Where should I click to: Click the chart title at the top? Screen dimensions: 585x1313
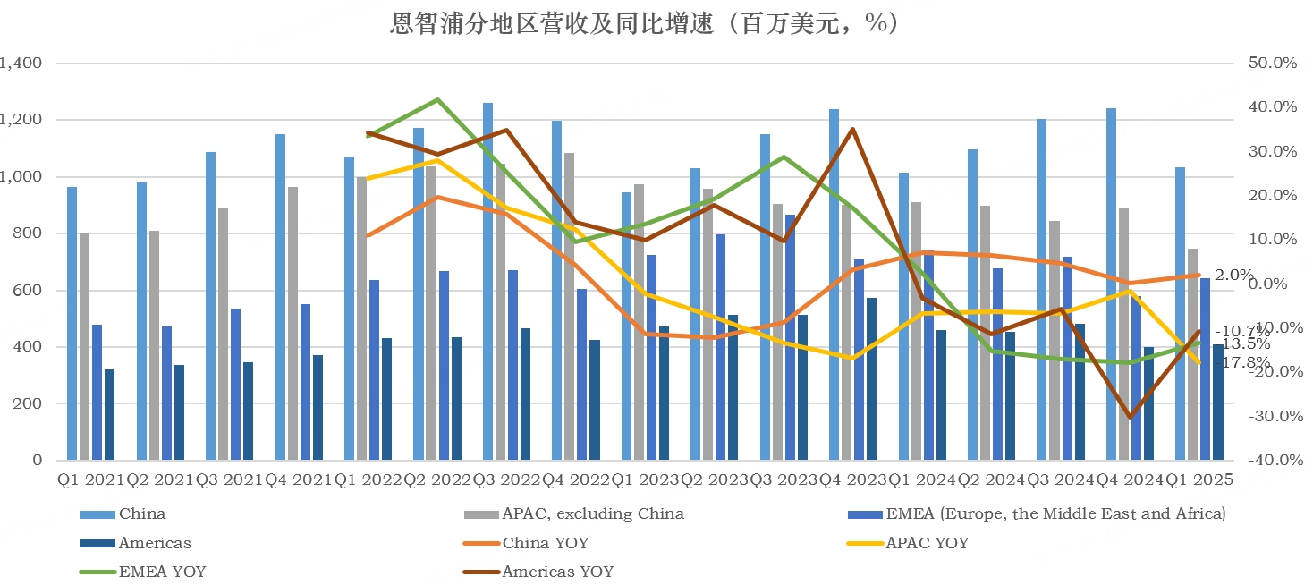(644, 24)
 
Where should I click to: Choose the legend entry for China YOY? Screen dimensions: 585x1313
(545, 543)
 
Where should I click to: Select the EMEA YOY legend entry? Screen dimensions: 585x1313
(162, 572)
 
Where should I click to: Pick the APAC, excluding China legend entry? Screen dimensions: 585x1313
(592, 513)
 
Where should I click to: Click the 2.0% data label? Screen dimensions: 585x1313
(1233, 275)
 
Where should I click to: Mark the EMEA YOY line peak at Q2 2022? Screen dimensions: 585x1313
(437, 99)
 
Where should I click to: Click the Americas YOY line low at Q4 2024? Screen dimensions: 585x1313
(1130, 417)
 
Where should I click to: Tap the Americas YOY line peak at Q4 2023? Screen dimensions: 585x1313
(852, 129)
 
